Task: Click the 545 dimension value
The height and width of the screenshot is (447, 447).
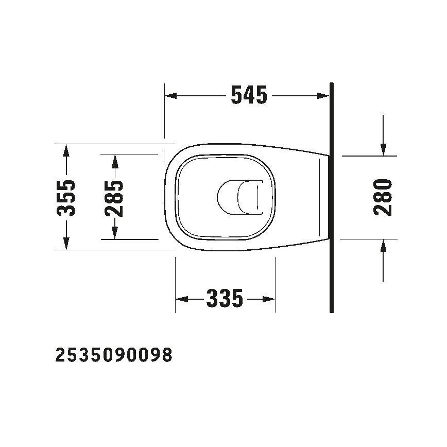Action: pos(249,95)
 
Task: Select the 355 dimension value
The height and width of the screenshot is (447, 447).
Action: pos(66,197)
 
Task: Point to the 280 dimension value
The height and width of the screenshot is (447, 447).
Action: pos(383,197)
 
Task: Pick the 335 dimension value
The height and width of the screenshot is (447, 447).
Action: pos(225,298)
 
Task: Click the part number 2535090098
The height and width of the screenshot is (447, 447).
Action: pos(113,355)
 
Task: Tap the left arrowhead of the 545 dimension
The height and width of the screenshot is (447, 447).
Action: pos(170,96)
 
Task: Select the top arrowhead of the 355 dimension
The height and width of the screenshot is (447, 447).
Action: pos(66,150)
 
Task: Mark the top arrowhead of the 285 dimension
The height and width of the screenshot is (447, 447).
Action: pos(114,160)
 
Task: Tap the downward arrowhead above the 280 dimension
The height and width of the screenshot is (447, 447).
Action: pos(383,149)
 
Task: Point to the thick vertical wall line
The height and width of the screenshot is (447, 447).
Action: pos(331,197)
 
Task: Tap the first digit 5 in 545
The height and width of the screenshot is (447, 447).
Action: pos(237,95)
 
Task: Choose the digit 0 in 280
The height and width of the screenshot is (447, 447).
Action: pos(383,185)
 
